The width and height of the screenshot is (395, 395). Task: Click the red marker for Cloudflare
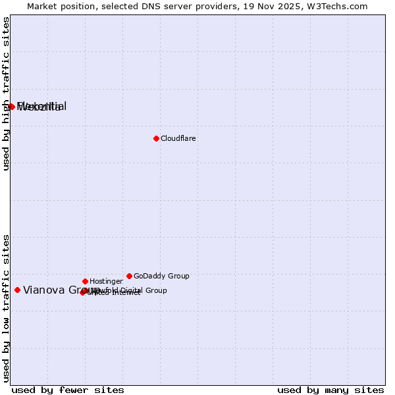(x=156, y=138)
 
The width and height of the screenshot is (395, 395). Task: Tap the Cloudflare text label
(x=178, y=138)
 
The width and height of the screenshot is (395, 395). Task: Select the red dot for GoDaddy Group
(x=129, y=276)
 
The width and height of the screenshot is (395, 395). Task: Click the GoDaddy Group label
(x=161, y=276)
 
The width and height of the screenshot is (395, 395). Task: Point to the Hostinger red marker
(x=85, y=281)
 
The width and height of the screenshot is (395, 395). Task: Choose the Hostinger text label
(x=106, y=281)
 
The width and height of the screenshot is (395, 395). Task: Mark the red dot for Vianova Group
(x=17, y=290)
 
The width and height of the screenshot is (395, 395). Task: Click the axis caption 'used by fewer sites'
(x=68, y=390)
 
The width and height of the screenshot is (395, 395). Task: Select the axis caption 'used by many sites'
(x=330, y=390)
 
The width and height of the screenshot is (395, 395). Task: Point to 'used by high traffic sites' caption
(x=6, y=93)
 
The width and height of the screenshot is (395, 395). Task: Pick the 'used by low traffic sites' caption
(x=6, y=308)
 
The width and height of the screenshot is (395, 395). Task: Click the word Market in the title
(x=43, y=6)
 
